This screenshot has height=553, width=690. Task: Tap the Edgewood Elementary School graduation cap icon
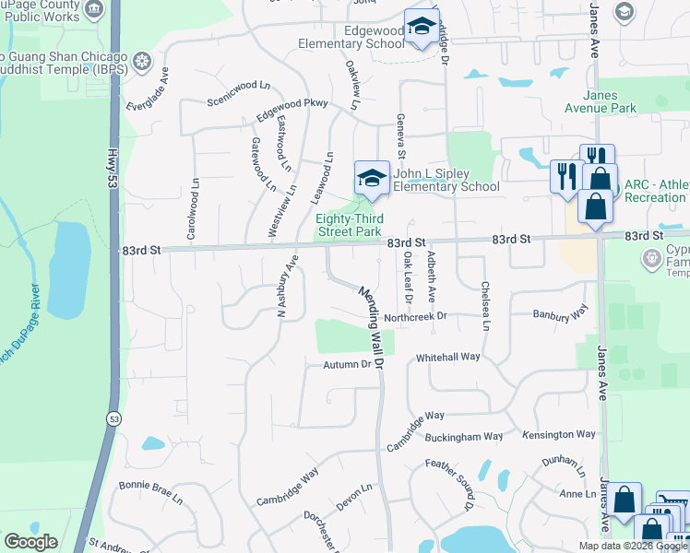point(421,29)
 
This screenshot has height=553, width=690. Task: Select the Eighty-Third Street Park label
point(349,225)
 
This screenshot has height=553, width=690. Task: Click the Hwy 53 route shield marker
point(113,418)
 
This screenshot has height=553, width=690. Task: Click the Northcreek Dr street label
point(415,316)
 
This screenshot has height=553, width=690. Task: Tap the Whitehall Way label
point(448,357)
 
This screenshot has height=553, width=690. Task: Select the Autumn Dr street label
point(346,365)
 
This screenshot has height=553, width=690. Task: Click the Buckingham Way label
point(470,436)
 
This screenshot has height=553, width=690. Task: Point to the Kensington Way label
point(559,434)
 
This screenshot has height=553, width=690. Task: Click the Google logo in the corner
point(30,542)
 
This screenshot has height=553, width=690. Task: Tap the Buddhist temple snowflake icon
point(142,62)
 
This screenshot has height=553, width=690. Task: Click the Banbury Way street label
point(560,314)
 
